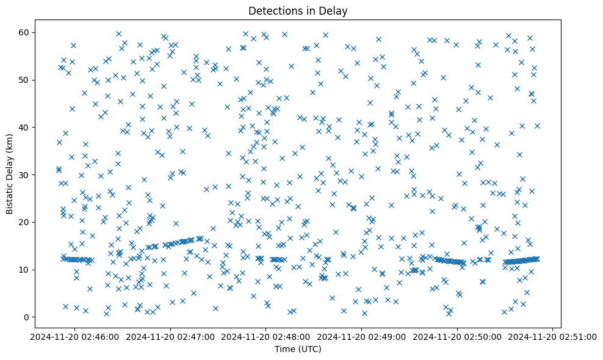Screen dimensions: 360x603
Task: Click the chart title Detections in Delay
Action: pyautogui.click(x=298, y=10)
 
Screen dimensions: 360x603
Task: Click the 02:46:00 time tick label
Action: pyautogui.click(x=74, y=336)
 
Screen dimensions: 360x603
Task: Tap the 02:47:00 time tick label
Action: pyautogui.click(x=170, y=336)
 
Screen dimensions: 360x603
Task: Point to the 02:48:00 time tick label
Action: pyautogui.click(x=266, y=336)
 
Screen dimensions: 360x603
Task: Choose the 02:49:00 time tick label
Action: pyautogui.click(x=361, y=336)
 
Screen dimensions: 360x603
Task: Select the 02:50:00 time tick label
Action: pyautogui.click(x=457, y=336)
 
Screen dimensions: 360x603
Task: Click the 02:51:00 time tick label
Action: pyautogui.click(x=553, y=336)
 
